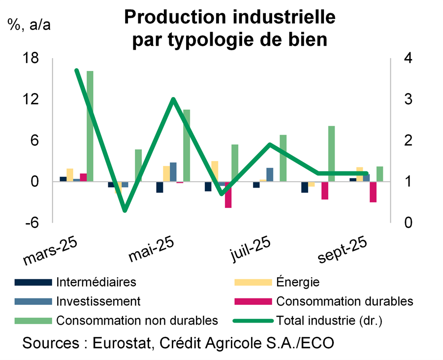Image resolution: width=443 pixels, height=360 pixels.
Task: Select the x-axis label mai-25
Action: (x=152, y=249)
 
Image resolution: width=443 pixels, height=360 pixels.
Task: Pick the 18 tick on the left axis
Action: (x=31, y=59)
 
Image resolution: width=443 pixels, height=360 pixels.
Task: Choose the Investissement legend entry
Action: (x=98, y=301)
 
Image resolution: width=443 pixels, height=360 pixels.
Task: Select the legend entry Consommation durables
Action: (x=345, y=301)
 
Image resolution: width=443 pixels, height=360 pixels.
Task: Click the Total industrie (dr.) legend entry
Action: (x=329, y=320)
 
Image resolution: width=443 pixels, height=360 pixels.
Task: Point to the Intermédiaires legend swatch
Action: (x=33, y=282)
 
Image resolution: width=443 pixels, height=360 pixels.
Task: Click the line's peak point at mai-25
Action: (x=173, y=99)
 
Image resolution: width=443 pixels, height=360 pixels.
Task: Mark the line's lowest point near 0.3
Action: (x=125, y=210)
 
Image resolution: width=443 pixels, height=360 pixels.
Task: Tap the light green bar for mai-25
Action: (x=187, y=145)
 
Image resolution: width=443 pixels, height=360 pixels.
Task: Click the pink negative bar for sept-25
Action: (x=373, y=192)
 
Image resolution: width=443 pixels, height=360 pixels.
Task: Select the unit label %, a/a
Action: (x=29, y=25)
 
